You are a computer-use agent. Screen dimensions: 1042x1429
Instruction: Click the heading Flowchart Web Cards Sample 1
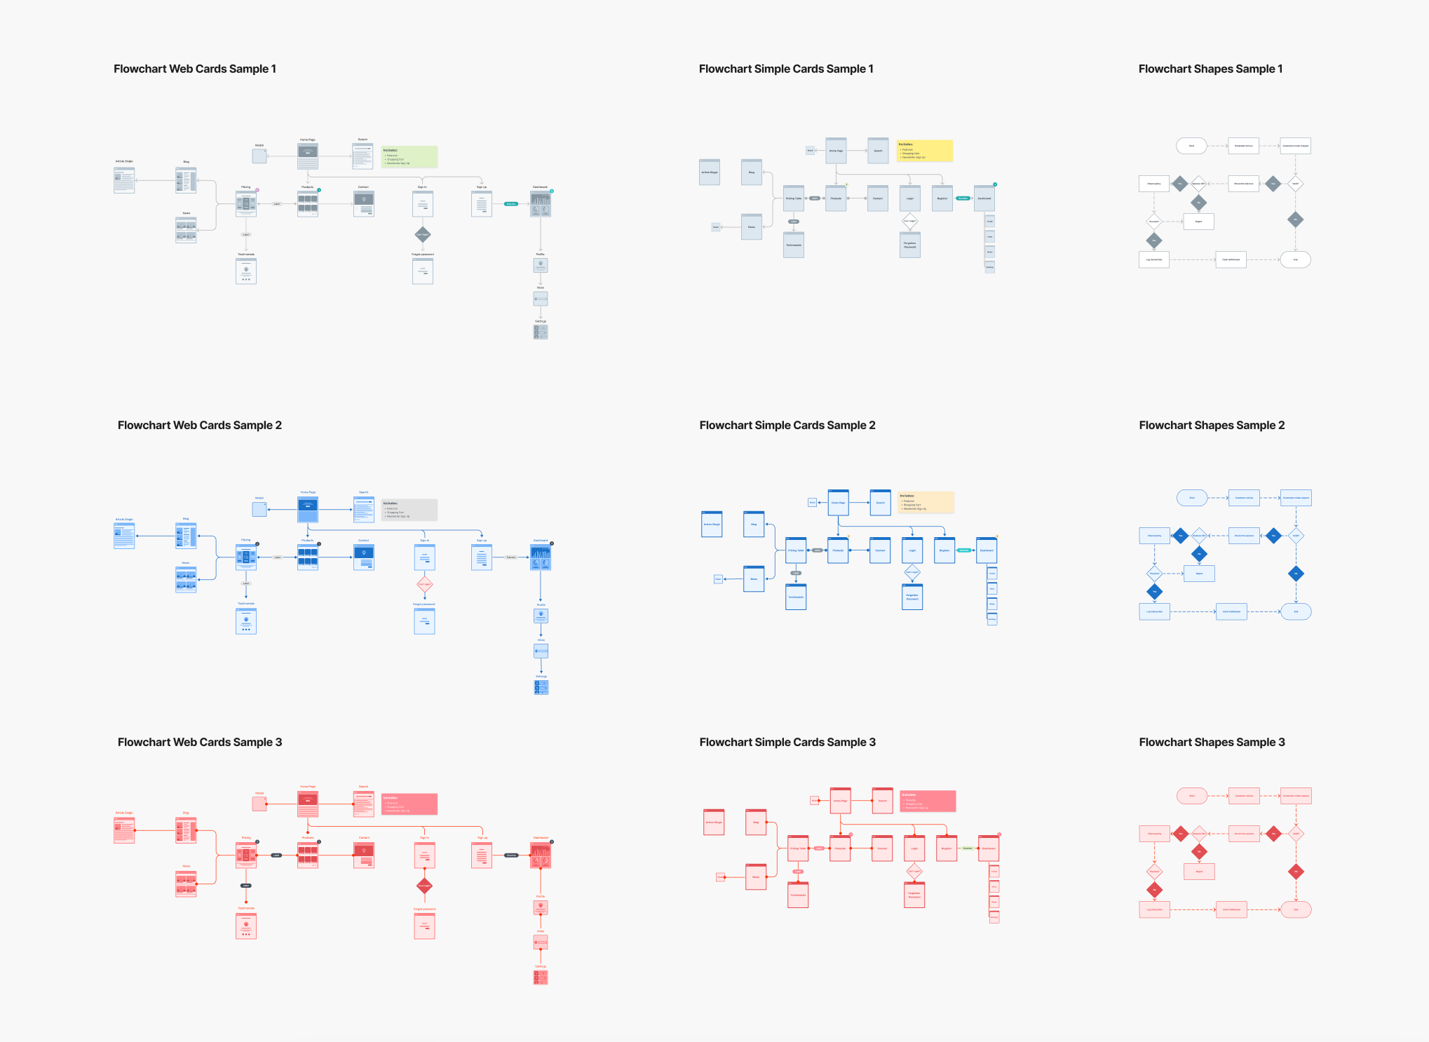click(x=195, y=69)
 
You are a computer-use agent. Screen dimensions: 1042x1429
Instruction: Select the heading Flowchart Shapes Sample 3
click(x=1212, y=742)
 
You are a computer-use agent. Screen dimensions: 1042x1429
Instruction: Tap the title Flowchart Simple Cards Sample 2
click(x=787, y=425)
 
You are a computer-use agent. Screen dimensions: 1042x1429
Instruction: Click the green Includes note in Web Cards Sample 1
click(x=409, y=156)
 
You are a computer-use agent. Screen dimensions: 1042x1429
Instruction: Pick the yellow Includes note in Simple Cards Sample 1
click(x=925, y=151)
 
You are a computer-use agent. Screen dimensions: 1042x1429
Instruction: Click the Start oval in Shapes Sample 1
click(x=1191, y=146)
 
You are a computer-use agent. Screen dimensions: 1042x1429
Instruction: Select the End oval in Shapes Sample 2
click(x=1296, y=611)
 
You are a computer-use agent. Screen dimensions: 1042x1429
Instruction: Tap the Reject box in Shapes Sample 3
click(x=1199, y=872)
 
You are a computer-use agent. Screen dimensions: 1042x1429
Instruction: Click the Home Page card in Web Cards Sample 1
click(x=308, y=156)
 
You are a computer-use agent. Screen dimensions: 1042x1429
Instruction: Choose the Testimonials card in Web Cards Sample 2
click(x=246, y=621)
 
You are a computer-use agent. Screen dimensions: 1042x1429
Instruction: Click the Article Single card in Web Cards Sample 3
click(x=124, y=830)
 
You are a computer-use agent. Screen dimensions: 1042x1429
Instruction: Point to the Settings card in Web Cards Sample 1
click(x=541, y=332)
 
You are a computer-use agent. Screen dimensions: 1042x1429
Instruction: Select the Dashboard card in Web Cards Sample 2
click(x=541, y=557)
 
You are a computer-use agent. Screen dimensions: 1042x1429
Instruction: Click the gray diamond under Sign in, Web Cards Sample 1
click(x=423, y=234)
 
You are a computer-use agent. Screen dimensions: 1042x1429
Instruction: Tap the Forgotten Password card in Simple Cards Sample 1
click(x=910, y=245)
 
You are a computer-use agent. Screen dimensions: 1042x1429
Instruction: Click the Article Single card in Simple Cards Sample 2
click(x=712, y=524)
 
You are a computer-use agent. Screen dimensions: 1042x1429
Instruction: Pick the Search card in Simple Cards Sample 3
click(x=882, y=800)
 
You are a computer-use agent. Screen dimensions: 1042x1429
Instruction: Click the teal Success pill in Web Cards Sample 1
click(x=511, y=204)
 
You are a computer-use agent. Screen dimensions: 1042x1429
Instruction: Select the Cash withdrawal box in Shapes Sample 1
click(x=1231, y=259)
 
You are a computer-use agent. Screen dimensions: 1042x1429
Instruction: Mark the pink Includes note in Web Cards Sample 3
click(x=409, y=804)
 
